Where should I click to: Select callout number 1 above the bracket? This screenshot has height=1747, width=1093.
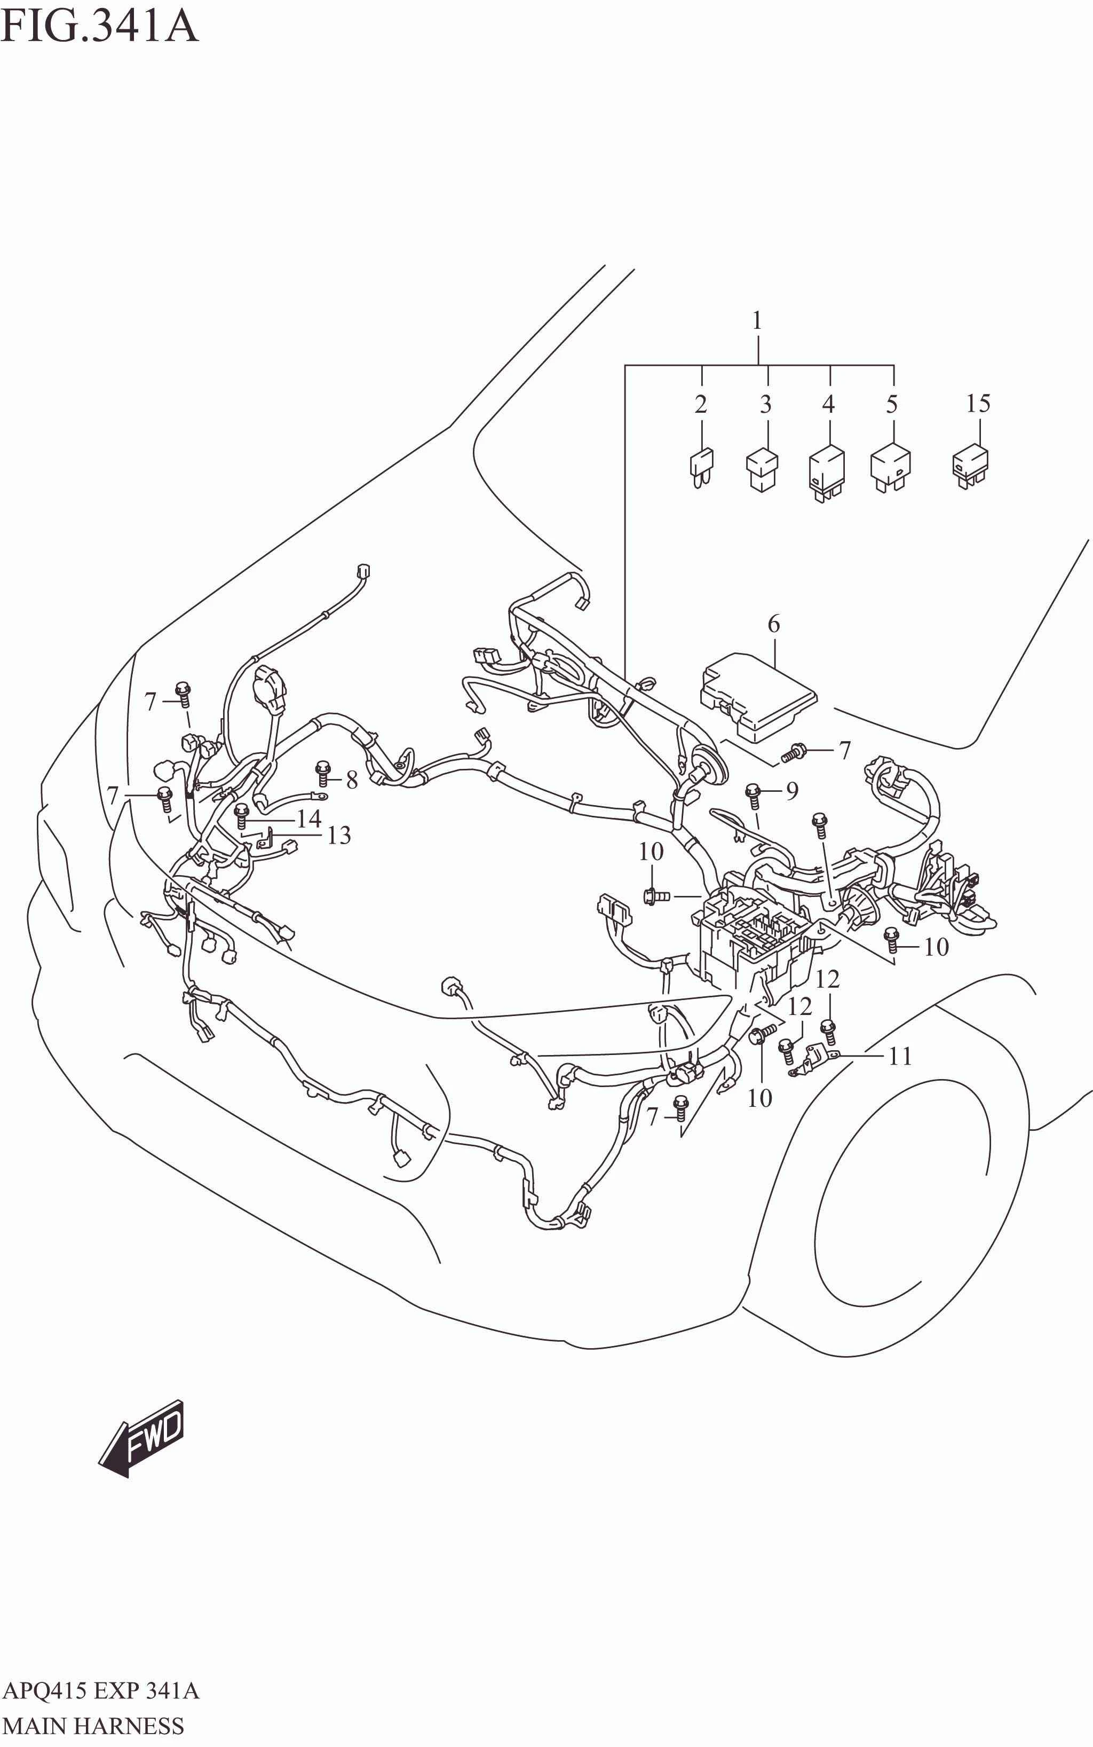click(757, 320)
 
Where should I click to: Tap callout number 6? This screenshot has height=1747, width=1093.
click(773, 623)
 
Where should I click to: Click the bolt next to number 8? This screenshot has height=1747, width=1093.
click(322, 773)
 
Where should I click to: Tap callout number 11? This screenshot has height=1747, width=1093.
click(900, 1057)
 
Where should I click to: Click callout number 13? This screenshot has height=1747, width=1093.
click(338, 835)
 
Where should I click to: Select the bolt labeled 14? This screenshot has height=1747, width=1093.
click(241, 816)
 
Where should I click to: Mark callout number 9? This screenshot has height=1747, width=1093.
click(793, 791)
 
